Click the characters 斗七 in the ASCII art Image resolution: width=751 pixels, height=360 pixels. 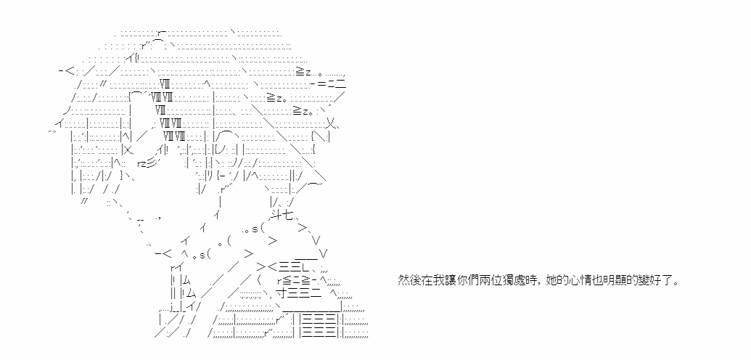tap(281, 216)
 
